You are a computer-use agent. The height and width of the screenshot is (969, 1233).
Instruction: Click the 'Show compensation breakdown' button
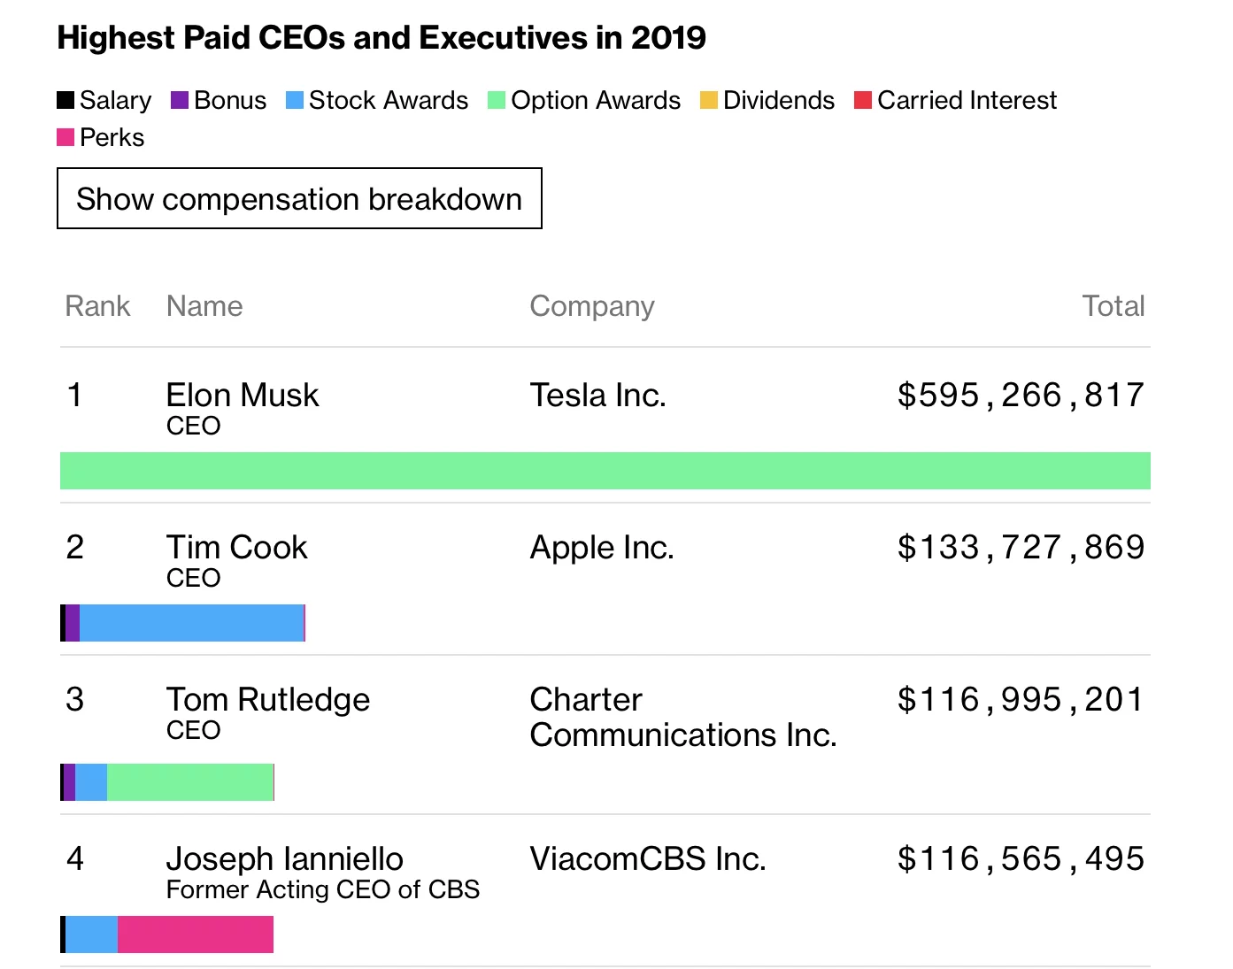(299, 199)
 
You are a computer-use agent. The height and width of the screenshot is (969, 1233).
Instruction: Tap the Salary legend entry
(104, 100)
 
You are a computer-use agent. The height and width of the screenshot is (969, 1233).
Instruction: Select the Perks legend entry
(101, 137)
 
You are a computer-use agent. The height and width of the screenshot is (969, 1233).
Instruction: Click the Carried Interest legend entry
(956, 100)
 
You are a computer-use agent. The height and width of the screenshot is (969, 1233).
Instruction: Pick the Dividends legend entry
(767, 100)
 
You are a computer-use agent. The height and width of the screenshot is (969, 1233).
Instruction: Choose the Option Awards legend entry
(584, 100)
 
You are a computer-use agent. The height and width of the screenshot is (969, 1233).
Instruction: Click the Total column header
(1113, 306)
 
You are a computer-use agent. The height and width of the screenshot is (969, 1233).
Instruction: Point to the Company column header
(591, 306)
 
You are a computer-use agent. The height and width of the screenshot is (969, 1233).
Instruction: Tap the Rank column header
(97, 306)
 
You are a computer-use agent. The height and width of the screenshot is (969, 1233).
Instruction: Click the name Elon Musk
(243, 395)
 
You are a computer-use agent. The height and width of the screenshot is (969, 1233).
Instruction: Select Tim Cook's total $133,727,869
(1021, 547)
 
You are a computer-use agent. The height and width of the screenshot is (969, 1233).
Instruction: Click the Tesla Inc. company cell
(597, 395)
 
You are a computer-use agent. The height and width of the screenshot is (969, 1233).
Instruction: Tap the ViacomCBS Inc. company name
(647, 858)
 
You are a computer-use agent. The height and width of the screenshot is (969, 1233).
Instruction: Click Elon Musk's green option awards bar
(605, 471)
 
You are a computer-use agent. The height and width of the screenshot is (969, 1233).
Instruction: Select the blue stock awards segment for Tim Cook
(191, 623)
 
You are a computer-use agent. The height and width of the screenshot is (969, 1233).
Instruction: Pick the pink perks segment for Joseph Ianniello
(196, 934)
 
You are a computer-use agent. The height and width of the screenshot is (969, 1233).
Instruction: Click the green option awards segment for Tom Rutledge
(190, 782)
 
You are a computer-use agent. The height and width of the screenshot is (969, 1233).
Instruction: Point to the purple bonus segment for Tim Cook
(73, 623)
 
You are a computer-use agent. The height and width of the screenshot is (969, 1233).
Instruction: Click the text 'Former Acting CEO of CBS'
(322, 889)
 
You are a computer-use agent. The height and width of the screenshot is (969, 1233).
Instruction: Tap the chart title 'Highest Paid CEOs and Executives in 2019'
(381, 38)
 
